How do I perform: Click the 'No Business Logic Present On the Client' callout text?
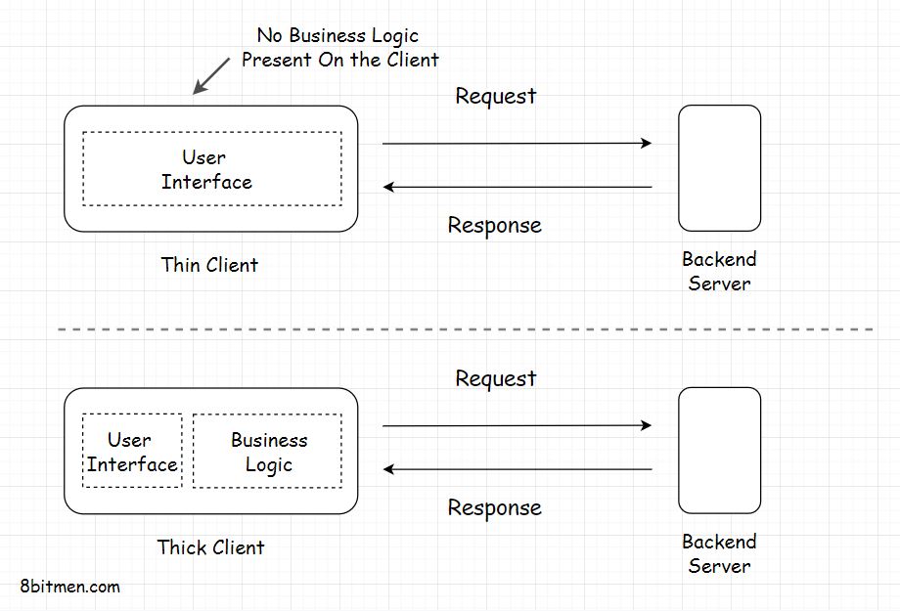click(x=339, y=48)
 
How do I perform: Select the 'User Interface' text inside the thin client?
click(x=205, y=169)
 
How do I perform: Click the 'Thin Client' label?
click(x=209, y=265)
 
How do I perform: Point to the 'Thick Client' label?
click(x=210, y=547)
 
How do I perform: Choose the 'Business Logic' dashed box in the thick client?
click(x=267, y=451)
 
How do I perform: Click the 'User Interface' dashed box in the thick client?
click(x=132, y=451)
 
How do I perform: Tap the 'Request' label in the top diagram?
click(x=495, y=96)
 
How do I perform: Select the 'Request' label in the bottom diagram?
click(x=495, y=378)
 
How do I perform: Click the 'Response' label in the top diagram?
click(x=494, y=225)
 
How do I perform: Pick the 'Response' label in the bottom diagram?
click(x=494, y=507)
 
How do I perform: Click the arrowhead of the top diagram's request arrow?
click(x=647, y=144)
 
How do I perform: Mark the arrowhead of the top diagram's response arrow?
click(x=388, y=187)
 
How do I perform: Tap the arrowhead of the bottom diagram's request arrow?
click(x=647, y=426)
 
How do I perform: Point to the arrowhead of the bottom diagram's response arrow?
click(x=388, y=469)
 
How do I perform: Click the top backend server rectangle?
click(x=719, y=168)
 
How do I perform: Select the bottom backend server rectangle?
click(x=719, y=451)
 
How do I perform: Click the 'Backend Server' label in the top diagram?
click(x=719, y=272)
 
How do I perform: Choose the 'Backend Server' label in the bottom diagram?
click(x=719, y=553)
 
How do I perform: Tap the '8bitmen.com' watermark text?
click(x=70, y=587)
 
